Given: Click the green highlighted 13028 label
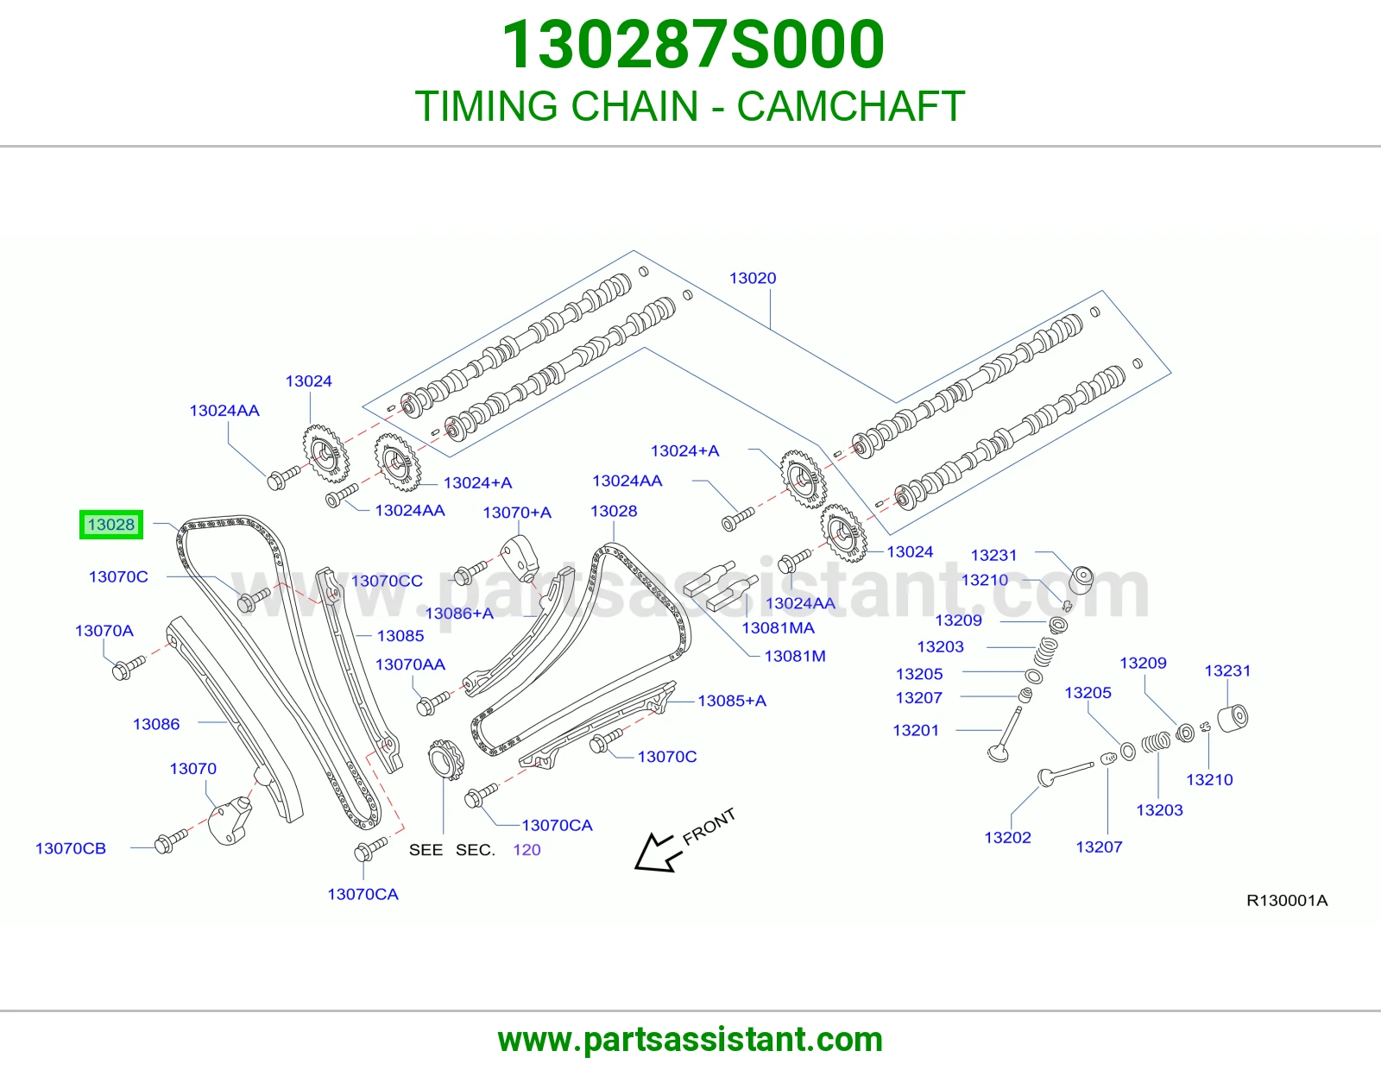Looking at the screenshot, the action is click(111, 525).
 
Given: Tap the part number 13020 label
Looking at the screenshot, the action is click(753, 279).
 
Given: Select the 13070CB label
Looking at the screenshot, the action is click(71, 848).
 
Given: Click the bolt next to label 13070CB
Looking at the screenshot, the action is click(171, 840).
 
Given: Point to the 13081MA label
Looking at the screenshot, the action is click(778, 628).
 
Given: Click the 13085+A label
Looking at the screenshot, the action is click(731, 701).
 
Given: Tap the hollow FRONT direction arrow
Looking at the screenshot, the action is click(659, 853).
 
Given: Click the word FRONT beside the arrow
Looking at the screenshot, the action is click(709, 827).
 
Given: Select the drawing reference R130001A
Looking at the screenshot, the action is click(1287, 900).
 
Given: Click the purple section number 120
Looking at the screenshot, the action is click(527, 850).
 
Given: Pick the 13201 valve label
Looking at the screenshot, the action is click(916, 730).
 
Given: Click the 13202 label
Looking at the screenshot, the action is click(1007, 837).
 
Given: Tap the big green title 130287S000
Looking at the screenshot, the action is click(693, 45).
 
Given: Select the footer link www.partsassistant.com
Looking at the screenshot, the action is click(690, 1040).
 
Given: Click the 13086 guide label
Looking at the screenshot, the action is click(156, 724).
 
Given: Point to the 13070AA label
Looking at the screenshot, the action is click(410, 664).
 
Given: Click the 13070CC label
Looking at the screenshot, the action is click(387, 581).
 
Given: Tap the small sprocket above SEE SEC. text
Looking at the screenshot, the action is click(445, 759).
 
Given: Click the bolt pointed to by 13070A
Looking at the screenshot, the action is click(129, 668).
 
